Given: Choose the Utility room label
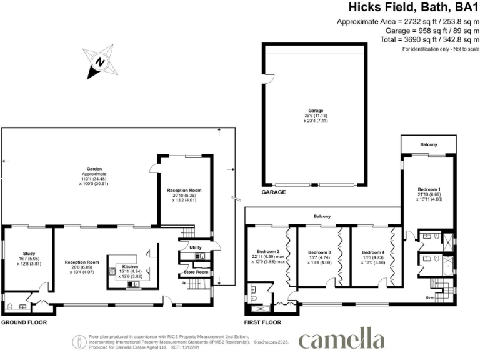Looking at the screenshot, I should [x=196, y=247].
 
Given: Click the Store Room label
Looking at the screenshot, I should [x=196, y=272].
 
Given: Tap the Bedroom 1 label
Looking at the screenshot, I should [x=429, y=189].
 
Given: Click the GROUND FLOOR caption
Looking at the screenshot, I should [x=26, y=323].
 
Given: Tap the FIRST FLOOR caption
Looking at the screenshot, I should [x=262, y=323].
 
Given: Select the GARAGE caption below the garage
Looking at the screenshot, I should [x=273, y=192].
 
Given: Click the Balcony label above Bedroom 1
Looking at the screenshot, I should [x=429, y=145].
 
